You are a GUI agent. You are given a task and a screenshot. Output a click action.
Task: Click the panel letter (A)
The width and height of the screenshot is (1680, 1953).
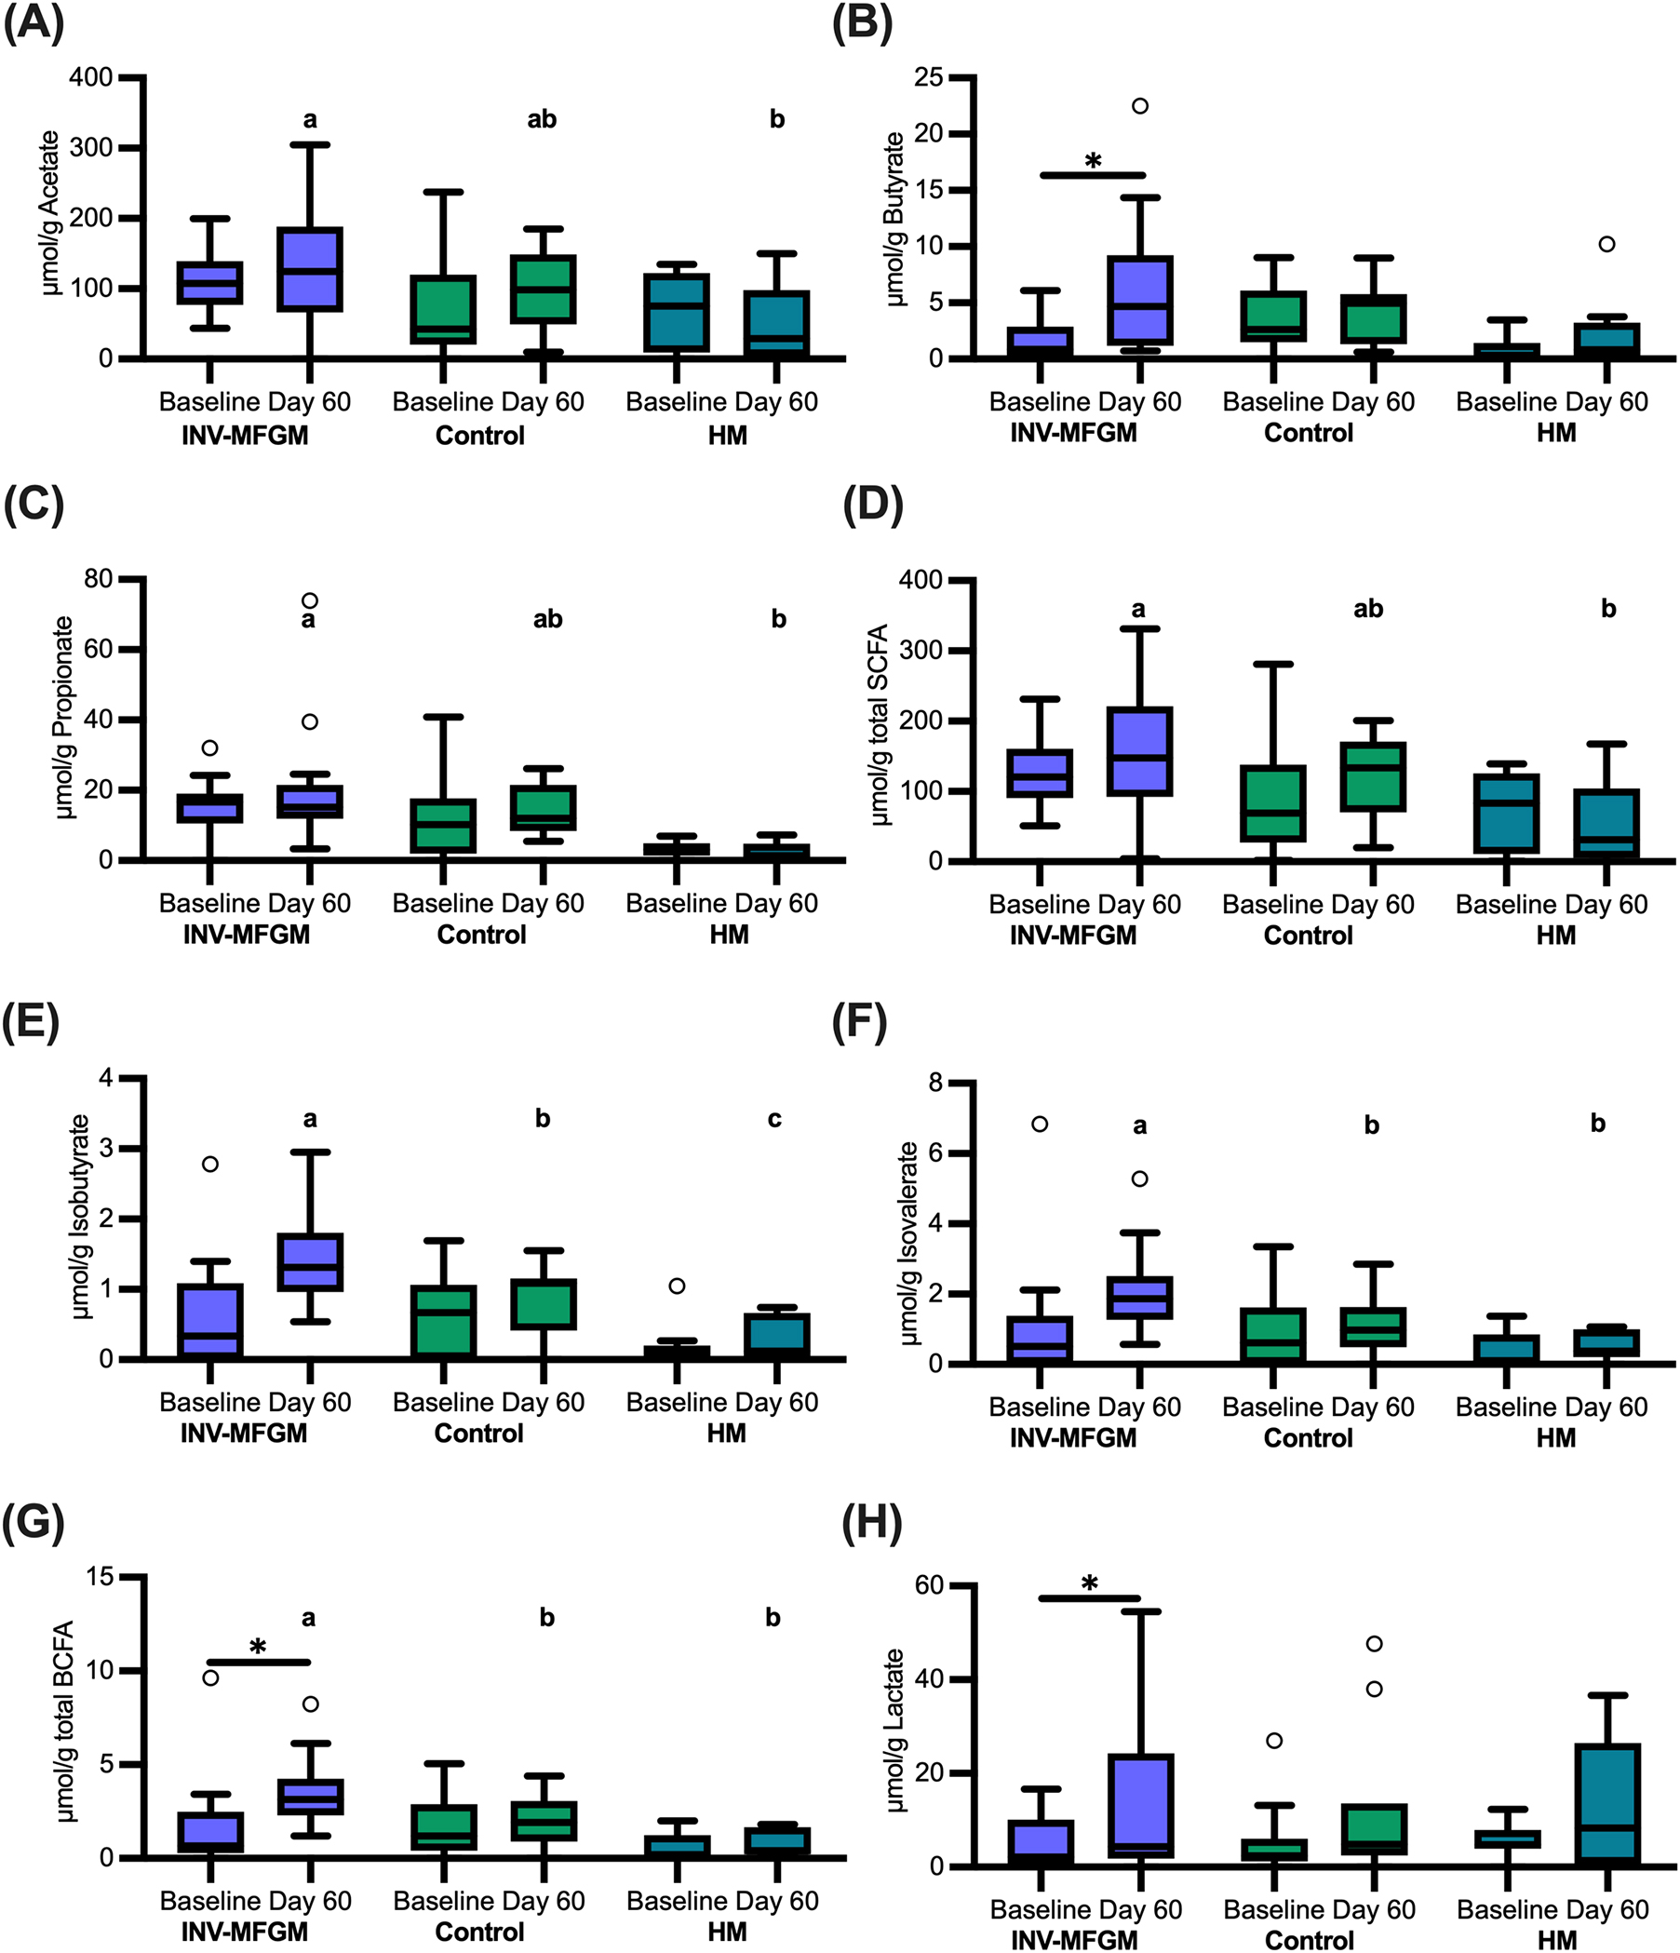[x=33, y=22]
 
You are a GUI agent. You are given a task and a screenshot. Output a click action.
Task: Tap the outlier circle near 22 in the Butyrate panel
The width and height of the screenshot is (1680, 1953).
[x=1139, y=105]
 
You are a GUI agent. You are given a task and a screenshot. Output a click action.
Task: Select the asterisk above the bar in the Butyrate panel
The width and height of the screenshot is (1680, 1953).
[x=1092, y=161]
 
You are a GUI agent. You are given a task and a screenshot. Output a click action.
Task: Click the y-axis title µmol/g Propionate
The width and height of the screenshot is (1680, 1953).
[x=64, y=718]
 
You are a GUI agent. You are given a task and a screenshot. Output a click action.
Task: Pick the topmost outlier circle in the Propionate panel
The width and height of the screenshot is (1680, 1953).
[x=309, y=600]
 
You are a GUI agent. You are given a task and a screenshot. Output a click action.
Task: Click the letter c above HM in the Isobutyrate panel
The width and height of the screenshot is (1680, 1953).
[x=773, y=1118]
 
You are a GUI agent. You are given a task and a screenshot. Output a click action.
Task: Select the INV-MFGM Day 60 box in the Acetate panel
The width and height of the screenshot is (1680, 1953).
[x=309, y=269]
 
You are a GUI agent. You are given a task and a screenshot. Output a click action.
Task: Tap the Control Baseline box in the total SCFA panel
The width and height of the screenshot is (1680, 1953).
[x=1273, y=803]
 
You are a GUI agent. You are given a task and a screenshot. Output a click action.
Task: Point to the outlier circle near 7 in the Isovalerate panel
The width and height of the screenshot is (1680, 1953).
[x=1040, y=1124]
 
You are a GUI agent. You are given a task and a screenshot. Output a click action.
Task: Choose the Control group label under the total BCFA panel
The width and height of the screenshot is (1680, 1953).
[x=478, y=1932]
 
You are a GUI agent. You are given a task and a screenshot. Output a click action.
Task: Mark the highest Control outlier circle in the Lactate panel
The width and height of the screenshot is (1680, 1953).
[x=1374, y=1644]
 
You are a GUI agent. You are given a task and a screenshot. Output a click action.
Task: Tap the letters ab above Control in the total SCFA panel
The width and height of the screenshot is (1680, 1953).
[x=1368, y=609]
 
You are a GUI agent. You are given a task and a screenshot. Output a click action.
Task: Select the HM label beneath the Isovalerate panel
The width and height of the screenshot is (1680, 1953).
[x=1555, y=1437]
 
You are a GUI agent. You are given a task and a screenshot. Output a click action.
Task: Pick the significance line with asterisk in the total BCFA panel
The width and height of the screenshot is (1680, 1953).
[x=258, y=1661]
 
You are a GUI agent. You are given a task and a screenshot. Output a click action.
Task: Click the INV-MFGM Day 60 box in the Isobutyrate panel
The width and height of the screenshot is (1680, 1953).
[x=309, y=1262]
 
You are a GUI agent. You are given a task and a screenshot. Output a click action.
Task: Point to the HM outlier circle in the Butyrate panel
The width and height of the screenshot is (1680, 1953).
[x=1606, y=244]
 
